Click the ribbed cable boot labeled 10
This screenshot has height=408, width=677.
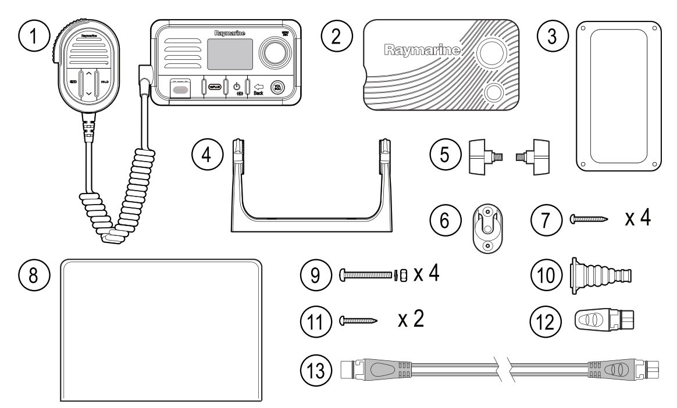click(597, 273)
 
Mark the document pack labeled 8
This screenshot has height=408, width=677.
click(161, 330)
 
